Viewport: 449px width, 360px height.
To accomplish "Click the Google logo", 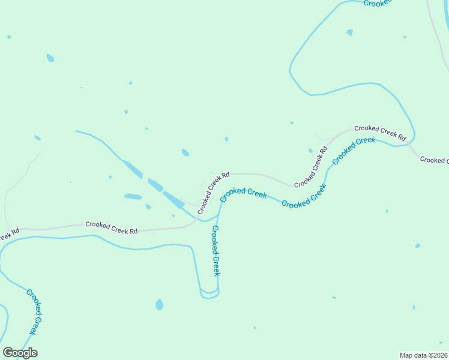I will (20, 353).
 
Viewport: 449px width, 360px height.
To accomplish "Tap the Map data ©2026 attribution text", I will (424, 355).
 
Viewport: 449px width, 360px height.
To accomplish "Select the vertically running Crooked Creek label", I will (216, 251).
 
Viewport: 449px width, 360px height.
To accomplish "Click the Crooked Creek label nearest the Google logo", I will (35, 312).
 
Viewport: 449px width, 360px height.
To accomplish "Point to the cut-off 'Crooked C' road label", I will (434, 160).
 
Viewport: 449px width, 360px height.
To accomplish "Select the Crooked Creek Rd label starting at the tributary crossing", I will (214, 193).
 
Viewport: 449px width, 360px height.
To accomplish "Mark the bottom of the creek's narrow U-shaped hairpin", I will (209, 296).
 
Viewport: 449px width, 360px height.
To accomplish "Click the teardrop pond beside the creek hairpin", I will (159, 304).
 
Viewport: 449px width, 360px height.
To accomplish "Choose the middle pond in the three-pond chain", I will (155, 184).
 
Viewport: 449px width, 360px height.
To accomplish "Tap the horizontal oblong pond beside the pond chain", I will (133, 196).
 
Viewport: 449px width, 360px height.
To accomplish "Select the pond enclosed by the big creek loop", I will (349, 32).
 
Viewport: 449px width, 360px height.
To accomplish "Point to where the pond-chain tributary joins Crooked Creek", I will (207, 220).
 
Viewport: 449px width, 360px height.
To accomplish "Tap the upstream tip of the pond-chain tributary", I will (76, 131).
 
